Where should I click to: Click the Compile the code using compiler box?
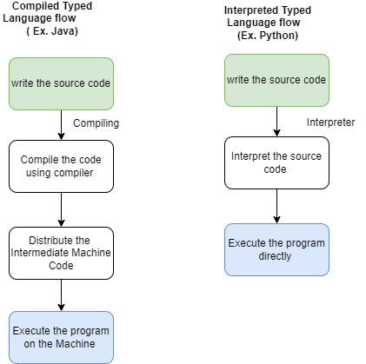pyautogui.click(x=61, y=166)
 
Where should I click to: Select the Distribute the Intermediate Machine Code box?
pyautogui.click(x=61, y=253)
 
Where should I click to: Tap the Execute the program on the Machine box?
pyautogui.click(x=61, y=337)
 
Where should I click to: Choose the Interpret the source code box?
pyautogui.click(x=276, y=162)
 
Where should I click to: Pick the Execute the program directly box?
pyautogui.click(x=276, y=249)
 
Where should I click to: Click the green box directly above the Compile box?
pyautogui.click(x=61, y=83)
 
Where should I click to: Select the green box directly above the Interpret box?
pyautogui.click(x=276, y=80)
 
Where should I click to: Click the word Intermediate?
pyautogui.click(x=40, y=253)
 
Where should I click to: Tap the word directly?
pyautogui.click(x=276, y=256)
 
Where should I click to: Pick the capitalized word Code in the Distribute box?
pyautogui.click(x=61, y=265)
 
